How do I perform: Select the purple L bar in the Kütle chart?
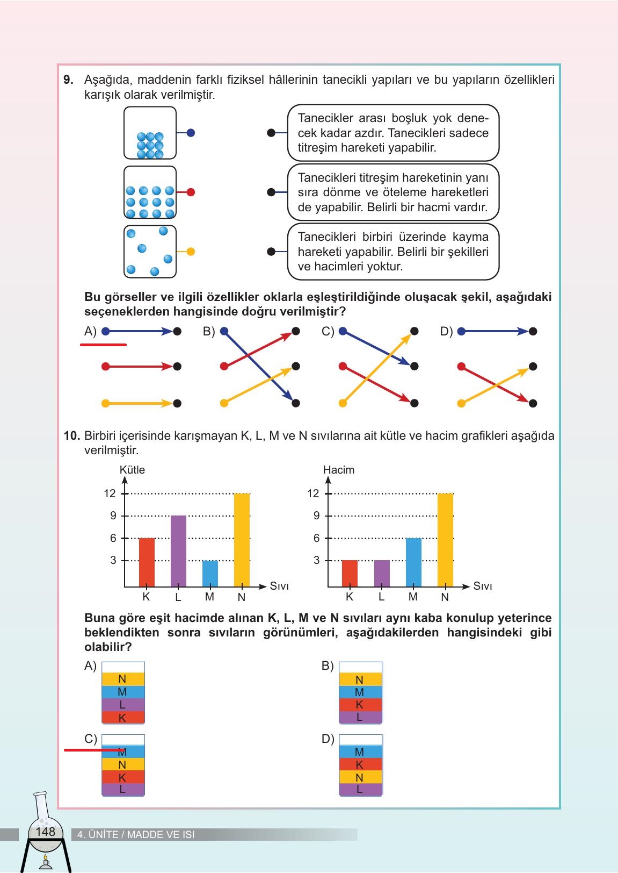(178, 550)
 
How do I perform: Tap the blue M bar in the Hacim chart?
(413, 562)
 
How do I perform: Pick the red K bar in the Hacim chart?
(350, 573)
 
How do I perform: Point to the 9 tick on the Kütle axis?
(113, 516)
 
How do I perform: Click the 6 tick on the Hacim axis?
(316, 538)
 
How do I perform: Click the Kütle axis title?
(132, 470)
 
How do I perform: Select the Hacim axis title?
(338, 470)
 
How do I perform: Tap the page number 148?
(45, 832)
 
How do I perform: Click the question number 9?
(68, 80)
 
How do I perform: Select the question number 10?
(71, 436)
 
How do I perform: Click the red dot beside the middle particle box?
(191, 192)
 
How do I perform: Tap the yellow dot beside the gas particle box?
(191, 251)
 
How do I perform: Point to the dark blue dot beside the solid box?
(191, 133)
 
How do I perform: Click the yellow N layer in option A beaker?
(123, 679)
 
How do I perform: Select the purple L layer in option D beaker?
(360, 790)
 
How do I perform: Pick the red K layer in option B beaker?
(360, 705)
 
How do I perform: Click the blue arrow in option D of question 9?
(496, 332)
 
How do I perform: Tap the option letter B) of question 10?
(328, 666)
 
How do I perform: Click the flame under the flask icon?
(45, 858)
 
